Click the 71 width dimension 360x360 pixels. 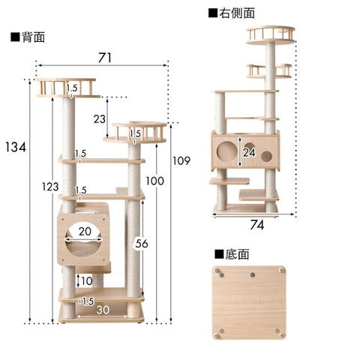[105, 58]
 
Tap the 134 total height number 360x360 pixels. [16, 147]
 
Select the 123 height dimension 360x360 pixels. [50, 187]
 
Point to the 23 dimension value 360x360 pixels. [100, 119]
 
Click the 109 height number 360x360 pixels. [181, 160]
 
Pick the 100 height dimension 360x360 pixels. [155, 181]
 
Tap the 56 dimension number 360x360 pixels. [142, 243]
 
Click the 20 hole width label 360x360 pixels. [85, 232]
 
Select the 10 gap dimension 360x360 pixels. [87, 281]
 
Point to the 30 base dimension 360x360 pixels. [103, 310]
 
